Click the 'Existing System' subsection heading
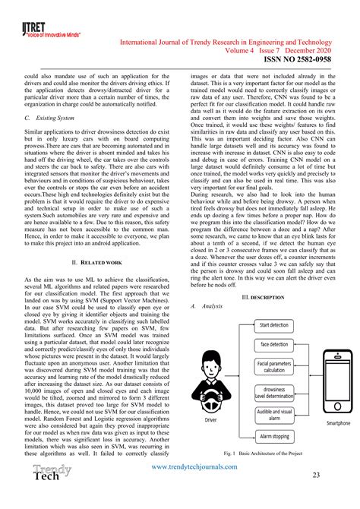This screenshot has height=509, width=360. pos(53,119)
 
